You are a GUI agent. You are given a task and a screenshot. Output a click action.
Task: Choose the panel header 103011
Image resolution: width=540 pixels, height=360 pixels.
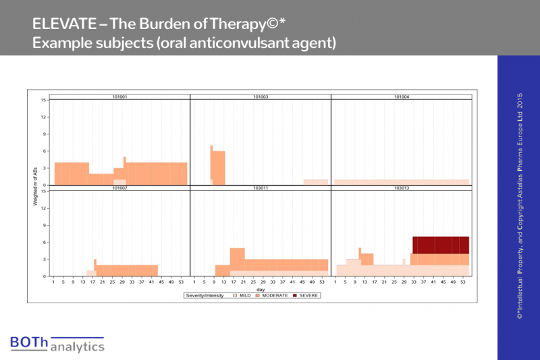(261, 188)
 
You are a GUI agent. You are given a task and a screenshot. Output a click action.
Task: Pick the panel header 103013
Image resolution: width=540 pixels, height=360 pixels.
(402, 188)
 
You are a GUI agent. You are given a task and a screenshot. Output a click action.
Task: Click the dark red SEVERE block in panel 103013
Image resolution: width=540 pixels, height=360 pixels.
(440, 245)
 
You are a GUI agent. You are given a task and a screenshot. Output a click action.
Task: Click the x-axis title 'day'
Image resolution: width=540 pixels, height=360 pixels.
(261, 290)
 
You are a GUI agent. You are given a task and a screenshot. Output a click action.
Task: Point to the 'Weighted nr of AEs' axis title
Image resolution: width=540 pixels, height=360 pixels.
(35, 185)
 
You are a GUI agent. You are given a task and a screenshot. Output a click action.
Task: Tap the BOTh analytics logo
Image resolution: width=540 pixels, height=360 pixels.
(57, 343)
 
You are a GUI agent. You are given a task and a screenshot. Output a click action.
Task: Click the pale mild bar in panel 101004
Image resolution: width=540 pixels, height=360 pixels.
(401, 182)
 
